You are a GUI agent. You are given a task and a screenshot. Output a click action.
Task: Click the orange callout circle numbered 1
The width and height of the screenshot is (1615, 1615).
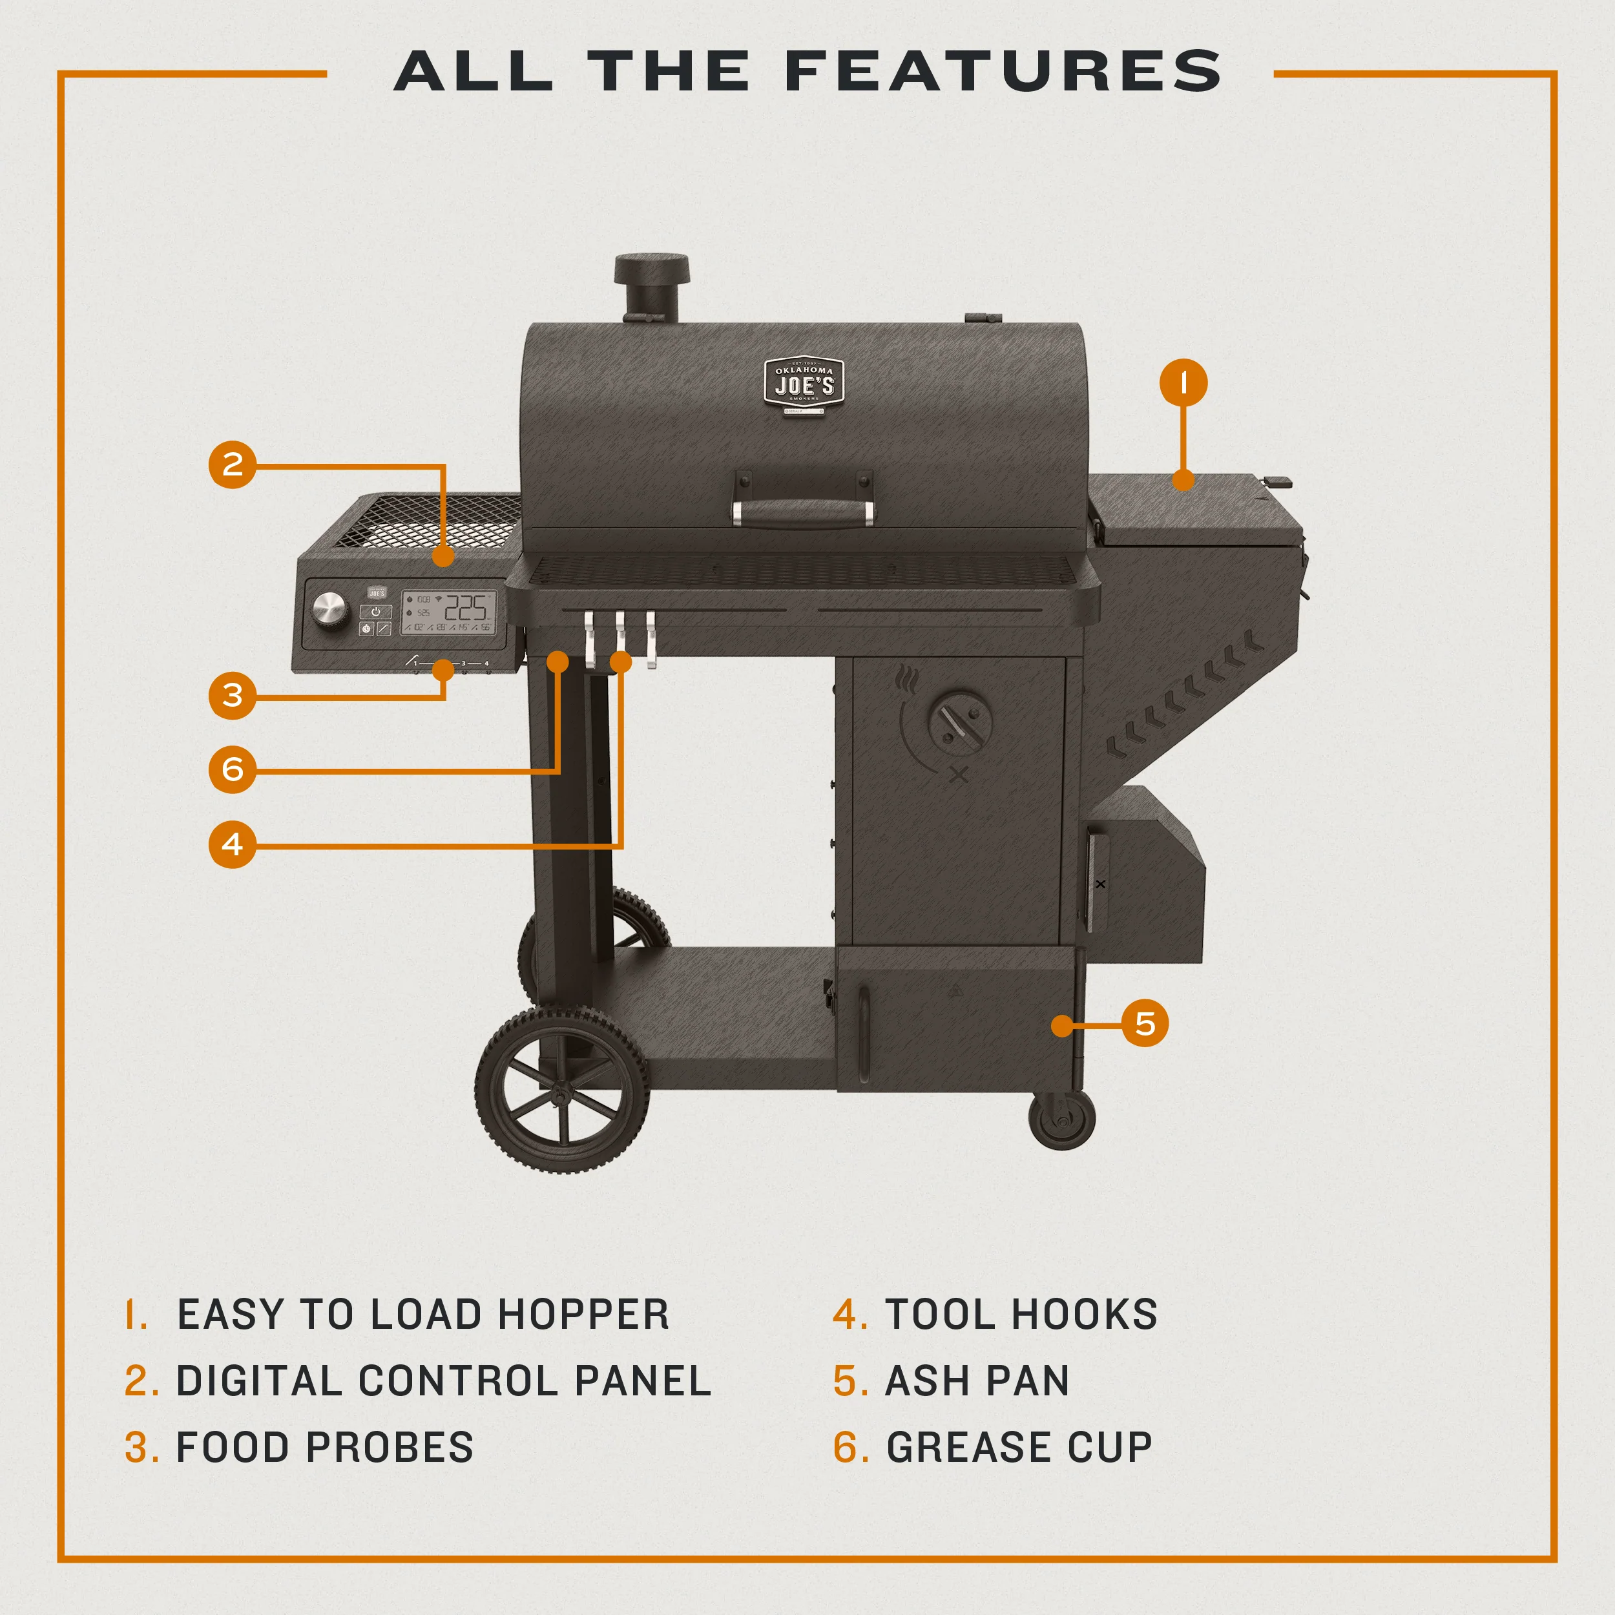click(x=1183, y=383)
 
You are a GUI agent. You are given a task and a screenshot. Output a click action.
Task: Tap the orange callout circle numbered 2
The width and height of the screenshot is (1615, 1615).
click(x=233, y=464)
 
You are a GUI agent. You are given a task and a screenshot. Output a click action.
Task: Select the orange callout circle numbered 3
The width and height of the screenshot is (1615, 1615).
click(x=233, y=694)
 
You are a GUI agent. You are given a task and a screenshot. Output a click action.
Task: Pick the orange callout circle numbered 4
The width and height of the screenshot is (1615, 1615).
click(x=233, y=844)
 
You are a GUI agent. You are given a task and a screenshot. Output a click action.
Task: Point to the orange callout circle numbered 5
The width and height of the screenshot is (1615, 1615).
click(x=1144, y=1023)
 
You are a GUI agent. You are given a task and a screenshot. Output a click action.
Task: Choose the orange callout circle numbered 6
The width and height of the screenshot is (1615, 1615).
click(x=233, y=769)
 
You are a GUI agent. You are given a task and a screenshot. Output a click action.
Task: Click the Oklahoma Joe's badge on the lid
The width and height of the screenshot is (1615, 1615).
click(x=804, y=386)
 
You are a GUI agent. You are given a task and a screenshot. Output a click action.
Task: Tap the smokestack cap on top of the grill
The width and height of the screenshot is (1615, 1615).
click(x=651, y=269)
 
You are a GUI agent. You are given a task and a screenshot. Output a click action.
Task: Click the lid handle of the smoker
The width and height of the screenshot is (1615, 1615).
click(x=804, y=512)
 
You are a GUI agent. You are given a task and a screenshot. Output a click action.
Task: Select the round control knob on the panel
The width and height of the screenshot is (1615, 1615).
click(x=330, y=609)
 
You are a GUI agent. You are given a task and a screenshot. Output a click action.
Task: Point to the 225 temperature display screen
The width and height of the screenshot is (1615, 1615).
click(x=449, y=612)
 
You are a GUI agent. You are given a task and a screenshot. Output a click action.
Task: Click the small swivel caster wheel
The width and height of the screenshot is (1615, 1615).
click(x=1061, y=1121)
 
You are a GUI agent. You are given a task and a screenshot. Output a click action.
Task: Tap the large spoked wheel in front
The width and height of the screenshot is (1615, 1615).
click(x=562, y=1090)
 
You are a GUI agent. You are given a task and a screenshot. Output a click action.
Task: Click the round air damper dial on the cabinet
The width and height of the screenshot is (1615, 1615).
click(x=961, y=720)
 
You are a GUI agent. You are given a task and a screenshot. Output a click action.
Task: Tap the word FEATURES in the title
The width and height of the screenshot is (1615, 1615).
click(x=1004, y=71)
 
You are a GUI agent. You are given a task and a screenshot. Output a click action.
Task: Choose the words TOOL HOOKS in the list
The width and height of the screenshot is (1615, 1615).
click(x=1021, y=1314)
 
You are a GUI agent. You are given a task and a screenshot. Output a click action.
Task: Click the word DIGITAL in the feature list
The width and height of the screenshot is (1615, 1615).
click(x=258, y=1381)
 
